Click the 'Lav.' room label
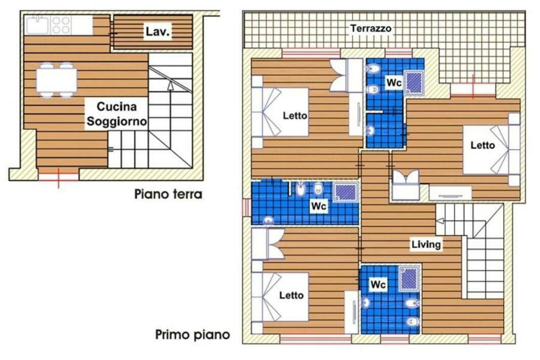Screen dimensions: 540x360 158,32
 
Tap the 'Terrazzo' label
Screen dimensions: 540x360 370,28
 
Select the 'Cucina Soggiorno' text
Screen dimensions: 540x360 116,114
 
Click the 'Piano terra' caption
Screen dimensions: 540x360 168,194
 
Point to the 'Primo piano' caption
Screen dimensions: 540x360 192,335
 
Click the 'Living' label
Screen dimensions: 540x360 426,244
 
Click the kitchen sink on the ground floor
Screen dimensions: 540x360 37,25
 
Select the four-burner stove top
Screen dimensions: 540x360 61,25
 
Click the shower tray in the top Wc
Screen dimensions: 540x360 413,83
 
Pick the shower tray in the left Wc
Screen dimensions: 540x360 346,192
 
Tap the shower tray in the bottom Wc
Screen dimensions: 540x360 409,278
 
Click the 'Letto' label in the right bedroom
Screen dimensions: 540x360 482,145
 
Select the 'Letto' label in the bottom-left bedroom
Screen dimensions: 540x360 292,295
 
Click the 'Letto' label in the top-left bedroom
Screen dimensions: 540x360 295,116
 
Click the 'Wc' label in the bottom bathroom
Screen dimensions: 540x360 378,285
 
